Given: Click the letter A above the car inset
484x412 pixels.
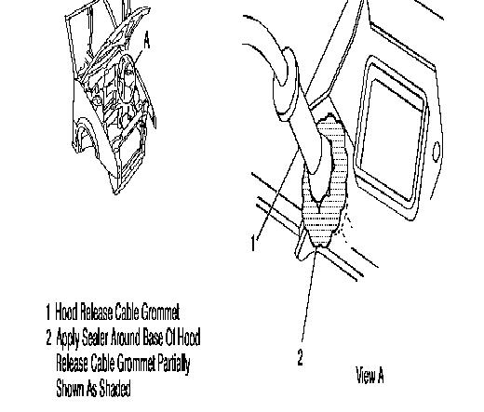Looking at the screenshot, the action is pos(147,41).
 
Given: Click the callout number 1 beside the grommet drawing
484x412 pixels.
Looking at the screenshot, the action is pos(253,243).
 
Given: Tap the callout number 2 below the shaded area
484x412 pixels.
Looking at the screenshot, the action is pos(300,357).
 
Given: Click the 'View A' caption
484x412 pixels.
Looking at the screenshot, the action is pos(370,375).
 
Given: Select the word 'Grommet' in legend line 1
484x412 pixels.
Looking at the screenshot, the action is pos(160,312).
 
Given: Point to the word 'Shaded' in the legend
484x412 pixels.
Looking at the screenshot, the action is pos(114,388).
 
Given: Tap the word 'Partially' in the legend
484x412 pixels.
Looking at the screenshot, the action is pos(174,364).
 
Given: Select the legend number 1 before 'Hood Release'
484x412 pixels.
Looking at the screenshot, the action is pos(47,312).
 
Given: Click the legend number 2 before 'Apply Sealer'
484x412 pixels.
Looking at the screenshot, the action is pos(48,338).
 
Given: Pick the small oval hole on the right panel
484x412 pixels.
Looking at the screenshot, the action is pos(436,152).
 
